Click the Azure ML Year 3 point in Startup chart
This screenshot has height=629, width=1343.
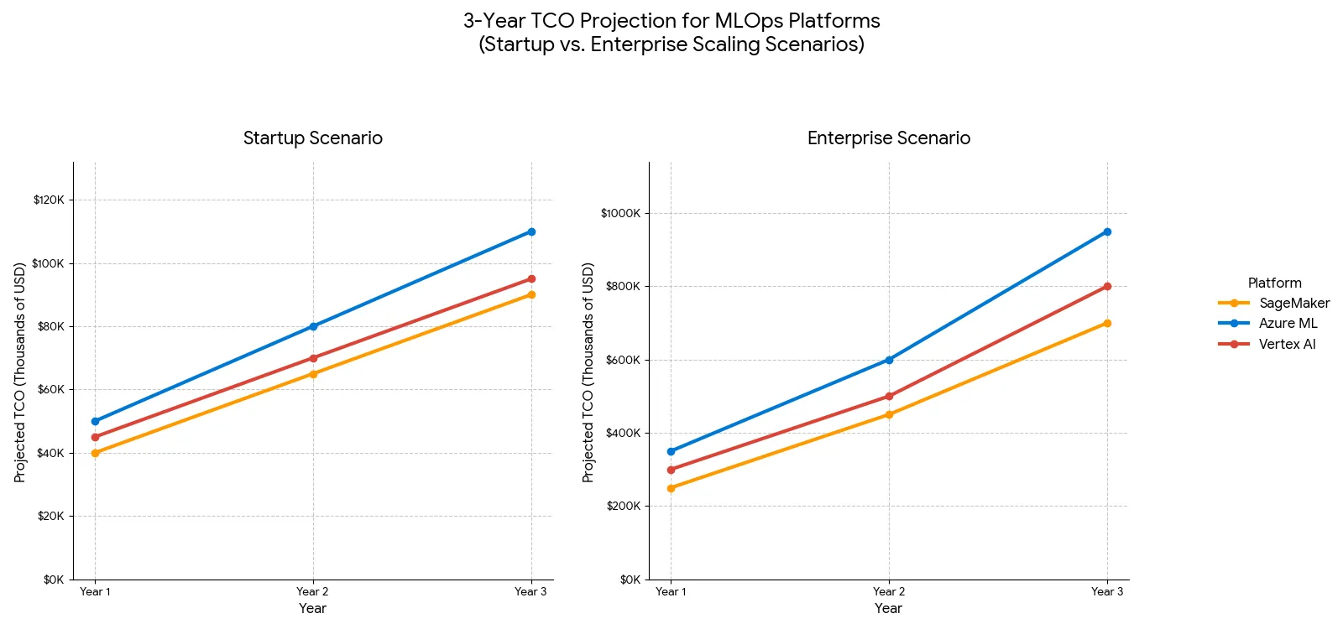click(x=531, y=231)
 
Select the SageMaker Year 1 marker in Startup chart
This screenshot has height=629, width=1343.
click(x=95, y=453)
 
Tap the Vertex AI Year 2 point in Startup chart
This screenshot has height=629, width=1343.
click(x=313, y=358)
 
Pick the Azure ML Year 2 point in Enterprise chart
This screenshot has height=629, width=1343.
click(x=889, y=360)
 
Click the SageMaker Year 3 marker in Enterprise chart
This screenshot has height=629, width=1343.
click(x=1107, y=323)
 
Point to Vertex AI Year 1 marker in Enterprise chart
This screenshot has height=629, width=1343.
click(x=671, y=470)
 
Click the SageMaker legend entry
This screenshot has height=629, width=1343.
click(x=1293, y=303)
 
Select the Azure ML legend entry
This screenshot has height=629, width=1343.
click(x=1288, y=323)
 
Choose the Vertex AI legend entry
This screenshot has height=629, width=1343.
click(x=1287, y=344)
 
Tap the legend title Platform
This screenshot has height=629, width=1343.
click(x=1274, y=283)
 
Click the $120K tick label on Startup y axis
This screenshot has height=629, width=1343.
click(x=49, y=200)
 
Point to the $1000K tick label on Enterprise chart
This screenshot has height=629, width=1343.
click(x=620, y=213)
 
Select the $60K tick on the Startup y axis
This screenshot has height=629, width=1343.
click(x=50, y=389)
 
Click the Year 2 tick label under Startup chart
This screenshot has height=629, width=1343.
click(x=312, y=591)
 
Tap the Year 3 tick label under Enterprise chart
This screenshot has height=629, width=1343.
click(x=1106, y=591)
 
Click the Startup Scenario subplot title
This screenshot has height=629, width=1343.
click(x=312, y=138)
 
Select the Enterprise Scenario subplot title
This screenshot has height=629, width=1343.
click(x=888, y=138)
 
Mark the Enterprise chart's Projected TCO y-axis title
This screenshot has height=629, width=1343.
click(x=588, y=372)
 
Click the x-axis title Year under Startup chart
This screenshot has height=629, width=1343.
click(x=312, y=608)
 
